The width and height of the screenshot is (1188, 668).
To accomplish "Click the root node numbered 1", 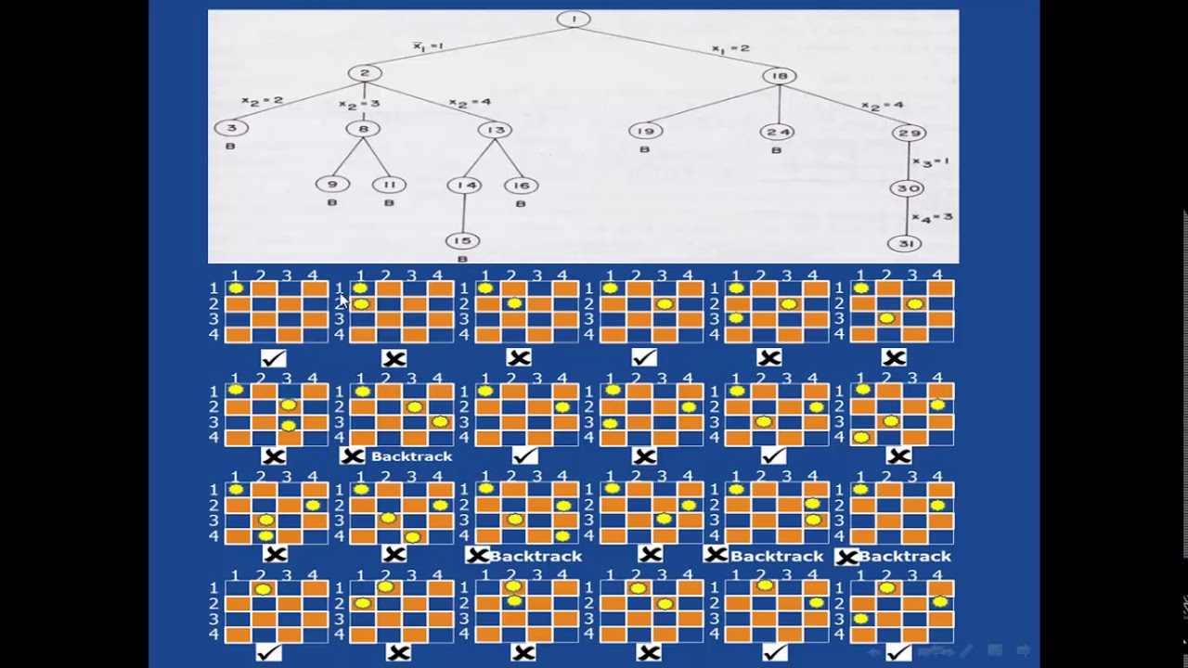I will tap(574, 19).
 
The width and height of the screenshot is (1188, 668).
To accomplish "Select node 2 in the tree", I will tap(365, 73).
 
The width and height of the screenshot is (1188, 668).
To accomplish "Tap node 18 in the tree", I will tap(780, 76).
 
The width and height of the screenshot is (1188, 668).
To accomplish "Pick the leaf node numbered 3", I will tap(231, 128).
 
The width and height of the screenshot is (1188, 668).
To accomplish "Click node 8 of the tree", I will tap(363, 130).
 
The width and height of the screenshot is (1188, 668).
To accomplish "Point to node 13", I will tap(495, 130).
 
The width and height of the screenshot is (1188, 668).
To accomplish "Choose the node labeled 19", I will tap(646, 131).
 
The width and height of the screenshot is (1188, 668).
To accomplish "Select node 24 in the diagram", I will tap(777, 132).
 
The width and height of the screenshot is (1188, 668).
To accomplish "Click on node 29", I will tap(908, 133).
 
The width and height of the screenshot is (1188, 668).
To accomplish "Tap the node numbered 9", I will tap(332, 185).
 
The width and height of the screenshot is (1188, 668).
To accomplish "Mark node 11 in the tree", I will tap(389, 185).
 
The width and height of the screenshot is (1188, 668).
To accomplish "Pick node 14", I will tap(464, 186).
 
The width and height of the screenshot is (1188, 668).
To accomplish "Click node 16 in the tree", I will tap(521, 186).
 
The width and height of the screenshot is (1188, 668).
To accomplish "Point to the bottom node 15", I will tap(462, 241).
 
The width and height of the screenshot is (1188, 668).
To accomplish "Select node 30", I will tap(907, 188).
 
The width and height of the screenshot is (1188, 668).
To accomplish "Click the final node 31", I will tap(905, 244).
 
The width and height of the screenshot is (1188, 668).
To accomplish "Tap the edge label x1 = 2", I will tap(730, 48).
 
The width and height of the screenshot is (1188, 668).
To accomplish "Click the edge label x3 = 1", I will tap(931, 161).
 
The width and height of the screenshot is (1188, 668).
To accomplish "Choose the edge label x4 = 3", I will tap(933, 217).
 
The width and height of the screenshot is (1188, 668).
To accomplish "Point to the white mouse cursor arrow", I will tap(342, 301).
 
